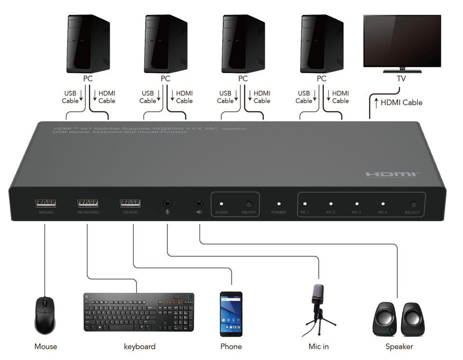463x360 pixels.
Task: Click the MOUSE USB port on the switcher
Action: pos(45,203)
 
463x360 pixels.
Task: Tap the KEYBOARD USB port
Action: pos(88,203)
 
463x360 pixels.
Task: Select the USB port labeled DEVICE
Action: pos(130,203)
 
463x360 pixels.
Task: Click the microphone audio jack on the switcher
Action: pos(167,204)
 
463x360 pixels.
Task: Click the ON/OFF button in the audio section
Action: pos(248,204)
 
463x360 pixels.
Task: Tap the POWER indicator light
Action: pos(279,204)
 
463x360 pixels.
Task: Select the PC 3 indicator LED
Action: pos(356,204)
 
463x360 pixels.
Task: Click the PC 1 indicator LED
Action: pos(304,204)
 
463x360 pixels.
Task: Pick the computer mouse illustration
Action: pos(45,315)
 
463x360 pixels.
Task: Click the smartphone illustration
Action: pos(231,314)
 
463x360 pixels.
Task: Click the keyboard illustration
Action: pos(138,312)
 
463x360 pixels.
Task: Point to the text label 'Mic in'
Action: pos(318,347)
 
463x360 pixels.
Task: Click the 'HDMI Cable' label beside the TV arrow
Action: pos(401,102)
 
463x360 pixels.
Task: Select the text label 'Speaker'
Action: pos(399,347)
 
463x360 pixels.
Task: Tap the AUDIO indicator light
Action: pos(221,204)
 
